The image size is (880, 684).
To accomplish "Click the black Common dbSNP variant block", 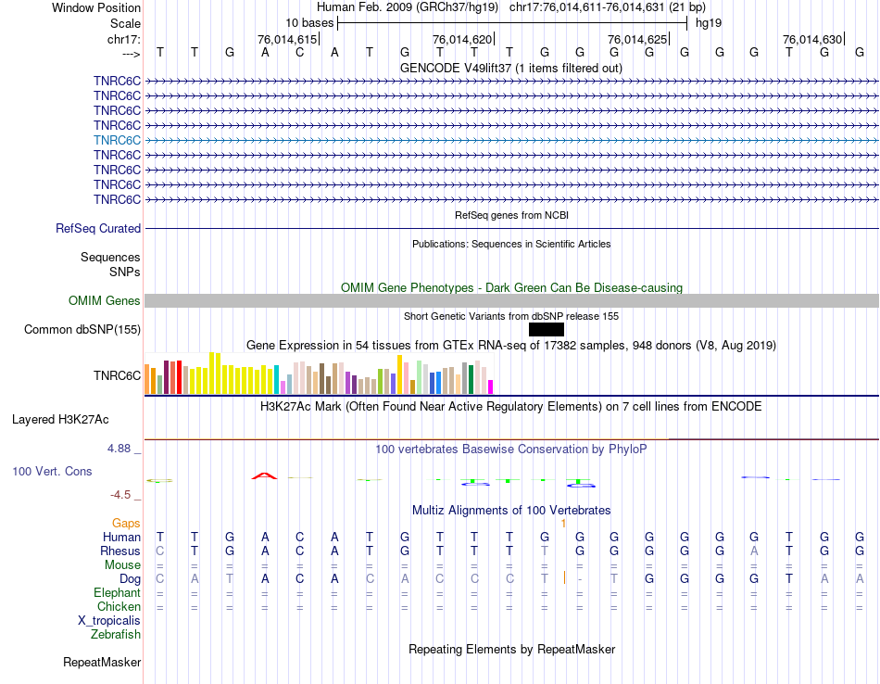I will click(546, 329).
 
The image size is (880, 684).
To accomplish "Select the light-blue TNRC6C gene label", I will click(117, 140).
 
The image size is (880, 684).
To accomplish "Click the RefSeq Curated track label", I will click(98, 229).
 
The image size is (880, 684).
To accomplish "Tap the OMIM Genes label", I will click(105, 301).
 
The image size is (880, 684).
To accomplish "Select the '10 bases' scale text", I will click(309, 22).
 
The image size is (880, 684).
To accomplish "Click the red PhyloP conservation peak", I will click(264, 475).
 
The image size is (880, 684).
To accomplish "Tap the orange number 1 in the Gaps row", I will click(563, 524).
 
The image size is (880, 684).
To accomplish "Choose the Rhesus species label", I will click(120, 551).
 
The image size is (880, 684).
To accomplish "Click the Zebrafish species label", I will click(116, 635).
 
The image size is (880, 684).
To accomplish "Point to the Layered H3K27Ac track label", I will click(73, 419).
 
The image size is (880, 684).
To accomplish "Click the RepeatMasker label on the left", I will click(102, 663).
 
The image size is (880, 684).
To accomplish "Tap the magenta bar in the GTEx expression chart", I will click(491, 386).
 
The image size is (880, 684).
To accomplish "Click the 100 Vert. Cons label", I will click(52, 472).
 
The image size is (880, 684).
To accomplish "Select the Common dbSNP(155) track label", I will click(82, 330).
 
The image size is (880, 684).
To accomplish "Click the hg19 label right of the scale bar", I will click(708, 22).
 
